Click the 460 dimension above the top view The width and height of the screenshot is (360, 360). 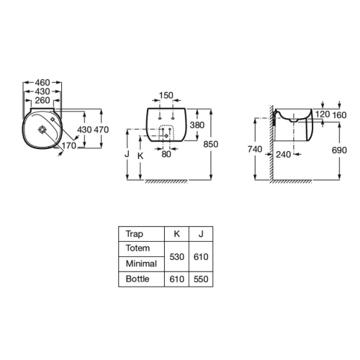pyautogui.click(x=42, y=83)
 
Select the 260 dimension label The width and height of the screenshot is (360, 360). pyautogui.click(x=42, y=100)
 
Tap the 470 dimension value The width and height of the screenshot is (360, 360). pyautogui.click(x=102, y=130)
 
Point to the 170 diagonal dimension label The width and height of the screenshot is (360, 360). pyautogui.click(x=69, y=145)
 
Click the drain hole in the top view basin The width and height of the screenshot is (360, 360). pyautogui.click(x=42, y=130)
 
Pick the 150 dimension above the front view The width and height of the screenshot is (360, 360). pyautogui.click(x=166, y=95)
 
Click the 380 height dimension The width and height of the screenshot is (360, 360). pyautogui.click(x=197, y=125)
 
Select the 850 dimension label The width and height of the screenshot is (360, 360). pyautogui.click(x=211, y=144)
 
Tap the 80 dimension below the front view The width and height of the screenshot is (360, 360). pyautogui.click(x=166, y=154)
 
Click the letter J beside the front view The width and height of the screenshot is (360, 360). pyautogui.click(x=127, y=153)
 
